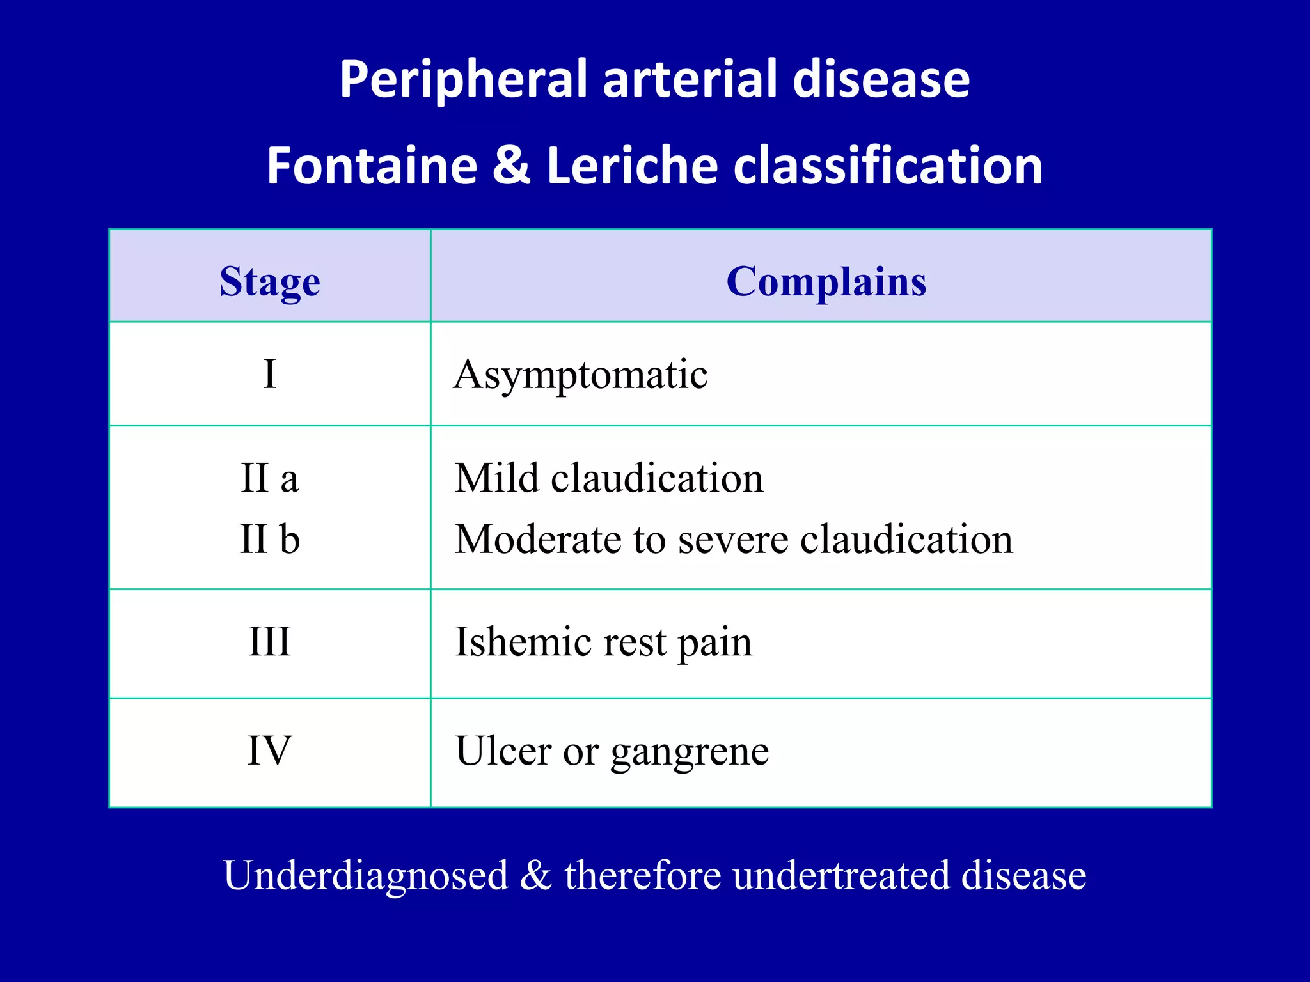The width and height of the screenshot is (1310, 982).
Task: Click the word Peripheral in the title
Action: pos(462,79)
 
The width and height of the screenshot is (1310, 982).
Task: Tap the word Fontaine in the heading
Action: pos(372,166)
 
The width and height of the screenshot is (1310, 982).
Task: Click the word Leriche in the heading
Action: pos(632,166)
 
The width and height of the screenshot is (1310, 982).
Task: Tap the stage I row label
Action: pos(269,374)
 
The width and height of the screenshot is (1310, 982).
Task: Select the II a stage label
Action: pos(269,478)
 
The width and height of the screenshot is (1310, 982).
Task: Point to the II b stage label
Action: pos(269,539)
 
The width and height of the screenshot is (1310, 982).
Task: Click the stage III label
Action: pos(269,641)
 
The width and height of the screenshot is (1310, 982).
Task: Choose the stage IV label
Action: pos(269,751)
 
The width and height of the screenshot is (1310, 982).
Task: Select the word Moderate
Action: pos(538,539)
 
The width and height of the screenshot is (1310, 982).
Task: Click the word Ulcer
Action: pos(503,751)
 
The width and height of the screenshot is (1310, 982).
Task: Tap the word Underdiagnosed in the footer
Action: pos(365,875)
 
